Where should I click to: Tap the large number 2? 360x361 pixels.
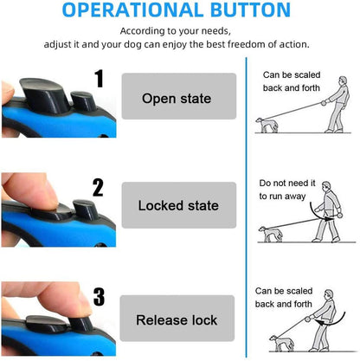click(99, 188)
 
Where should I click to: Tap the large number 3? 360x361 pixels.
click(99, 298)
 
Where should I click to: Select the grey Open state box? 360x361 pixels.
click(178, 98)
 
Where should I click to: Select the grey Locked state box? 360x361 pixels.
click(178, 206)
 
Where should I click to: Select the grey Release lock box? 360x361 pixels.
click(178, 319)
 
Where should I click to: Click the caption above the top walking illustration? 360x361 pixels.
click(295, 81)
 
